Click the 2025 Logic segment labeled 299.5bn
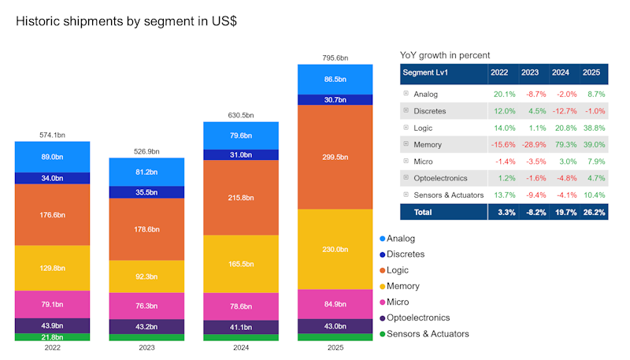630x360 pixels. pos(335,157)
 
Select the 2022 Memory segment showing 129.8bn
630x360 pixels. pos(52,268)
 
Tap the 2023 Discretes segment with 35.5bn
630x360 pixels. pos(146,191)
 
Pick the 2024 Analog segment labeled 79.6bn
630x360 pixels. pos(240,135)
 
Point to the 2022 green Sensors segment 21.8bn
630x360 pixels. pos(52,337)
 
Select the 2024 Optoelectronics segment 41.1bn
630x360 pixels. pos(240,327)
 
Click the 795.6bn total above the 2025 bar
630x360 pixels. pos(335,58)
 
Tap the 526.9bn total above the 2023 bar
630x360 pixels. pos(146,151)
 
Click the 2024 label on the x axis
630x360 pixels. pos(240,347)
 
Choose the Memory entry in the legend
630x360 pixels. pos(402,286)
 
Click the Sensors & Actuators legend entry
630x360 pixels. pos(427,333)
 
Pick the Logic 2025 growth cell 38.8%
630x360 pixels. pos(591,128)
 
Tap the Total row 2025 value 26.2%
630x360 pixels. pos(591,212)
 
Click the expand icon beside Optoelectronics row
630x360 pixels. pos(406,178)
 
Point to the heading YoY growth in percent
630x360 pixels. pos(445,55)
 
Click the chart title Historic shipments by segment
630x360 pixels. pos(126,21)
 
